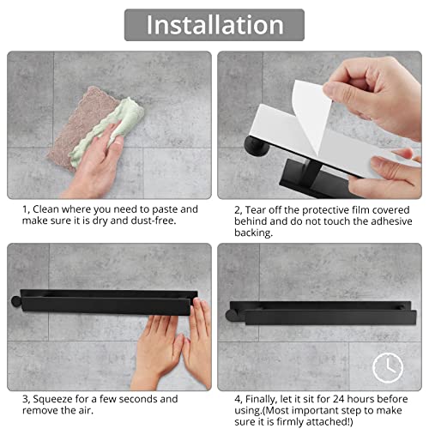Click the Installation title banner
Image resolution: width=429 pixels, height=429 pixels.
(x=214, y=24)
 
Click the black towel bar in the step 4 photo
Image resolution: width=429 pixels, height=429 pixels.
(x=309, y=305)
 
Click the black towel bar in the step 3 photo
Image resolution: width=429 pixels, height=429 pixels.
(x=103, y=301)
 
